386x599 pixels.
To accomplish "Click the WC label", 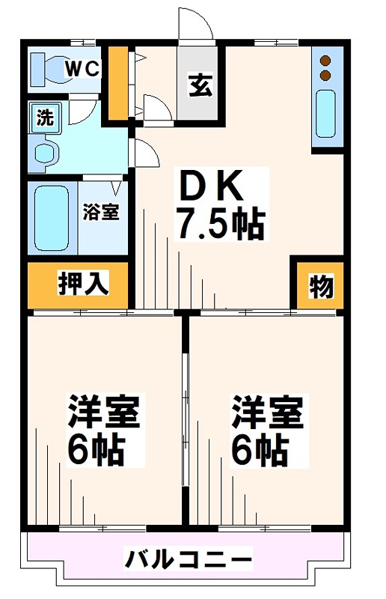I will [82, 68].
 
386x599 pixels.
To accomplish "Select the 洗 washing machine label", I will [46, 117].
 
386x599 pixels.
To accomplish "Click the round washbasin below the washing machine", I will [46, 153].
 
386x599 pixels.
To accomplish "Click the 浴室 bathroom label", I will [100, 212].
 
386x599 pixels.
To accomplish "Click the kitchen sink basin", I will [327, 113].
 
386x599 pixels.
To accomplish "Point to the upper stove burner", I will [326, 61].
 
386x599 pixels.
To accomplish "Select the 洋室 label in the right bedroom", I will [267, 413].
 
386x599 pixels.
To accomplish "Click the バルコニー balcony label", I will [189, 559].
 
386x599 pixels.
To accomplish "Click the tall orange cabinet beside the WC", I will [117, 83].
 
